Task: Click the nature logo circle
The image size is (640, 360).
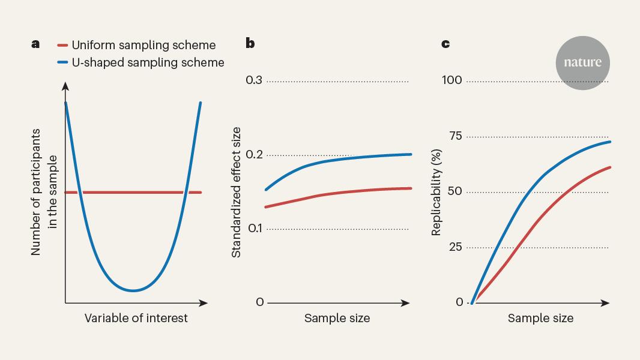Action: (x=582, y=63)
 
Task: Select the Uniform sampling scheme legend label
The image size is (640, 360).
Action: (x=143, y=45)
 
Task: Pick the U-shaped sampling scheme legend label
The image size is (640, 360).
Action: (x=148, y=62)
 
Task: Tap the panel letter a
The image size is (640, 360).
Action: (x=35, y=44)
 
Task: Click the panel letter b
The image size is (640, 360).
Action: (x=250, y=43)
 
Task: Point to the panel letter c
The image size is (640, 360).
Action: (x=445, y=44)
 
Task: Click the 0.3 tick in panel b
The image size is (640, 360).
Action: (x=254, y=80)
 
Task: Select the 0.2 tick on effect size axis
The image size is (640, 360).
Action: (x=255, y=154)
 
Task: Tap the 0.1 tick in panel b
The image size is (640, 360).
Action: (x=255, y=229)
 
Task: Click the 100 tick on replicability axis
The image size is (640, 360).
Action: (x=452, y=80)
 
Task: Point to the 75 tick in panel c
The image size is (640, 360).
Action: (x=456, y=136)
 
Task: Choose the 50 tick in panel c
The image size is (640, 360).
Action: (x=454, y=191)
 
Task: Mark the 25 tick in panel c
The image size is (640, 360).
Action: (x=456, y=247)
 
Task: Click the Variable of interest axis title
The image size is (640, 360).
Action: (x=136, y=318)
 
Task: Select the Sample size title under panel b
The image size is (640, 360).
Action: (x=337, y=318)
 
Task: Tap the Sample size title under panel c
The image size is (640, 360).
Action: (x=540, y=318)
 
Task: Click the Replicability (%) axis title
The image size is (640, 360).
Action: (x=436, y=192)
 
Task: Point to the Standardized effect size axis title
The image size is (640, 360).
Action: (x=236, y=192)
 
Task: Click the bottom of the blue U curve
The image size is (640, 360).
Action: (x=133, y=290)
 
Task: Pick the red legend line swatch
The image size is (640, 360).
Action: (x=62, y=45)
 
